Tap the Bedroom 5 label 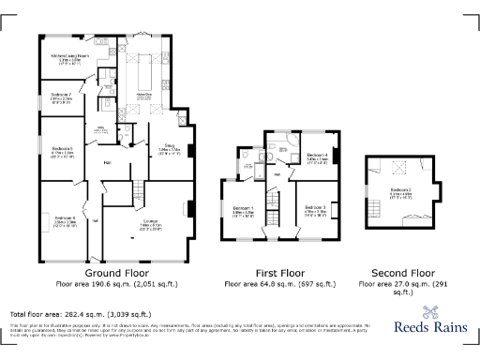63,151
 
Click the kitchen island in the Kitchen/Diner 144,71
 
